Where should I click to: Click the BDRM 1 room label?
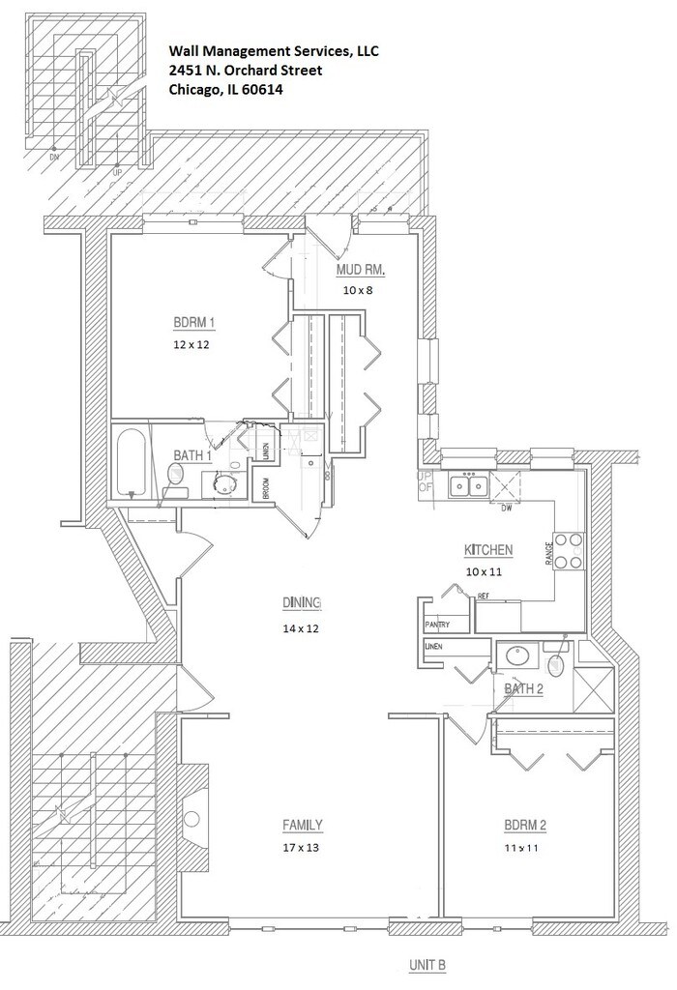pyautogui.click(x=192, y=323)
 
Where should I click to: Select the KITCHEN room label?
pyautogui.click(x=488, y=550)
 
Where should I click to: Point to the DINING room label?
pyautogui.click(x=301, y=603)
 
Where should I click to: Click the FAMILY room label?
pyautogui.click(x=302, y=826)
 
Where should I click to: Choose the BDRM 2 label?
pyautogui.click(x=525, y=826)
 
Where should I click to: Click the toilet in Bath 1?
pyautogui.click(x=177, y=474)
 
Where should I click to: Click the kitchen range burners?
pyautogui.click(x=569, y=551)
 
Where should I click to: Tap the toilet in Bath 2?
pyautogui.click(x=555, y=663)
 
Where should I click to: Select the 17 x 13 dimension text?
pyautogui.click(x=302, y=848)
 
